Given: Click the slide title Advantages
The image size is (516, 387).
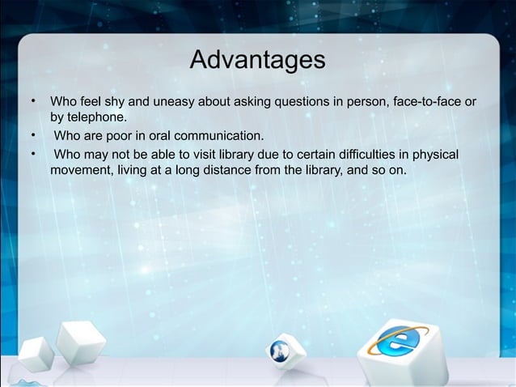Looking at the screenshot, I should (x=257, y=60).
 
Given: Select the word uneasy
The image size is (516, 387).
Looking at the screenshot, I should (x=173, y=104).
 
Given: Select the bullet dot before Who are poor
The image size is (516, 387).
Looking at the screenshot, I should (x=33, y=135).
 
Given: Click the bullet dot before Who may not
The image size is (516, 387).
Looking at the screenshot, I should (x=33, y=153).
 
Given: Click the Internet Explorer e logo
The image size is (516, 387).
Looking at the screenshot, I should (x=396, y=343).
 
